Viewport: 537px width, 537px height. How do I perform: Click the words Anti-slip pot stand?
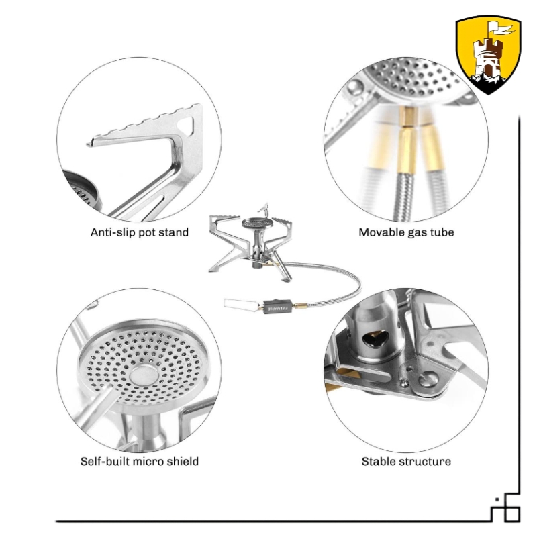click(140, 232)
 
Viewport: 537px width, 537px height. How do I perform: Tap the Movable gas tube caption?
click(406, 232)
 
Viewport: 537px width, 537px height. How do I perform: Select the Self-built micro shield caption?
click(140, 461)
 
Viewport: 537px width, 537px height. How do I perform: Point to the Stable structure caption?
click(406, 461)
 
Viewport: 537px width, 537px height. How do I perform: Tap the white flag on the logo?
click(501, 28)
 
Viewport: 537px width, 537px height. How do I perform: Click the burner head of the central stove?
click(258, 224)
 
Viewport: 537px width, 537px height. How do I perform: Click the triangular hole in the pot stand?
click(187, 125)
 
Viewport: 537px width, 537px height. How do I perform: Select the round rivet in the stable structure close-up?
click(428, 379)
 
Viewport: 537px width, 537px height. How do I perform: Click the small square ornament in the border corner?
click(513, 514)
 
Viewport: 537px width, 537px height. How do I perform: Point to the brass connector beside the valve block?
click(300, 305)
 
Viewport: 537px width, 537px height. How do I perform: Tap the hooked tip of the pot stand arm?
click(90, 144)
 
